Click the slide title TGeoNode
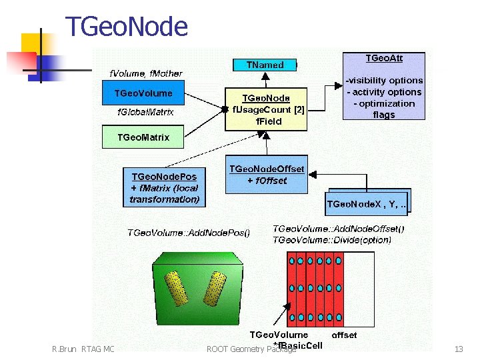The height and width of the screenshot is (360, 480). click(127, 27)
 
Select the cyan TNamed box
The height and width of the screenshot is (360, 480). click(265, 65)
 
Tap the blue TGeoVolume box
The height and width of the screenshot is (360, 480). click(143, 93)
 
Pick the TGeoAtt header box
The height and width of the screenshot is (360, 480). click(383, 59)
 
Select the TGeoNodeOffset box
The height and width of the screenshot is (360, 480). click(267, 175)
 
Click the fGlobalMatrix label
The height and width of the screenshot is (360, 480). click(145, 112)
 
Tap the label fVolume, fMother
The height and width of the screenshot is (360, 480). click(145, 73)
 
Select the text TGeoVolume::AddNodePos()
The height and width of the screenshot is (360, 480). click(189, 233)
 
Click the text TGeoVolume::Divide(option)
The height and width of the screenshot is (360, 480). click(332, 239)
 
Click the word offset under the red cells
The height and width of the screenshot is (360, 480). click(344, 335)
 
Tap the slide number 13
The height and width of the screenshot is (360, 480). click(458, 349)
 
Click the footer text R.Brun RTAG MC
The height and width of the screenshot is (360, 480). click(83, 349)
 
